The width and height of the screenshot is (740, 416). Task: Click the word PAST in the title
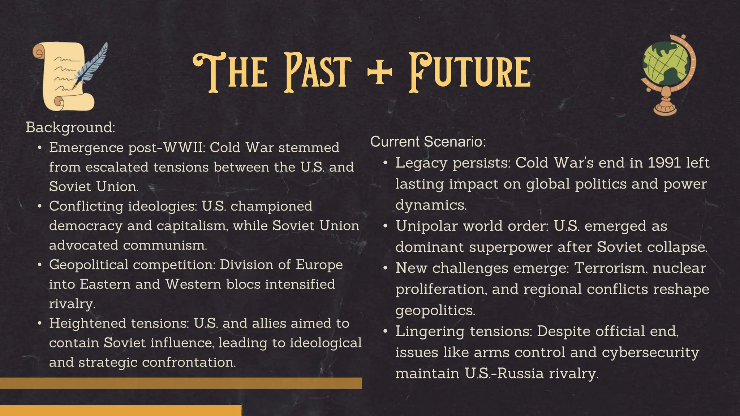318,71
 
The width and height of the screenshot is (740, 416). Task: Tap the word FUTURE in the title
470,71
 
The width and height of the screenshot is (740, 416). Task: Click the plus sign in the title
379,71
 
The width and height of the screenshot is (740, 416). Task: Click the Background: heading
70,127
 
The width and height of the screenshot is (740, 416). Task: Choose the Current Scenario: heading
428,142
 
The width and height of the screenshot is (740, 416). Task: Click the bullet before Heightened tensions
40,323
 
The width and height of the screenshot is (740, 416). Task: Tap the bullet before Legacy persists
386,163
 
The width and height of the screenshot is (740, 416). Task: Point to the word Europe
319,265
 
